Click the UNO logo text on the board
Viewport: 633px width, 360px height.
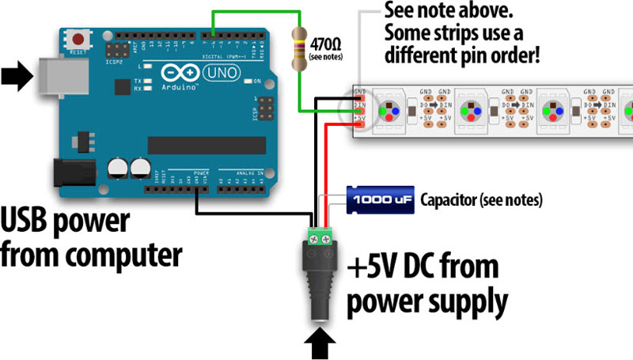[220, 73]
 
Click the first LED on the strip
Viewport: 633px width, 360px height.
[388, 112]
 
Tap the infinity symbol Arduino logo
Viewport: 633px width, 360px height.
[175, 74]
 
